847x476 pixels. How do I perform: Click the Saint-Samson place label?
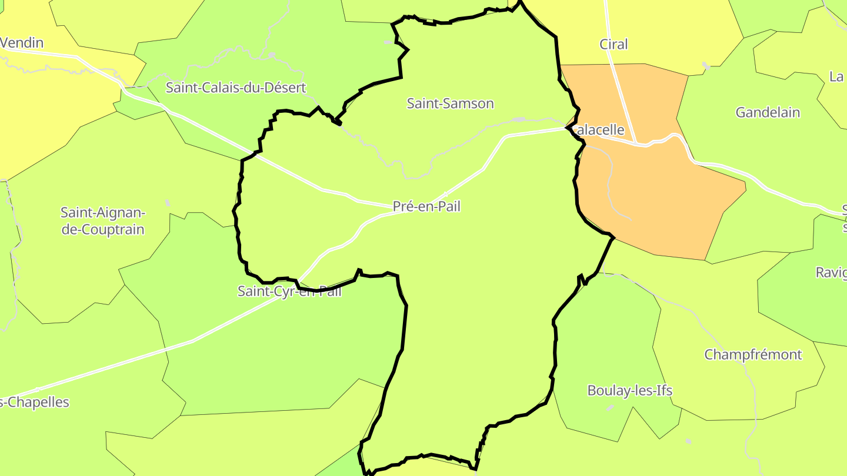click(450, 103)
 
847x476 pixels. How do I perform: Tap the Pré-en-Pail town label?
click(426, 206)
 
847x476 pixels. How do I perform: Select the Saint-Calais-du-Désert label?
click(236, 88)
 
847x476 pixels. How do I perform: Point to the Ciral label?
click(613, 44)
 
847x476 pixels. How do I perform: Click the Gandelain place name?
click(768, 112)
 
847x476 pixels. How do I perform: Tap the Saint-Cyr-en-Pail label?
click(289, 291)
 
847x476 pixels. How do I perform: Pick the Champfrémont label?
click(753, 354)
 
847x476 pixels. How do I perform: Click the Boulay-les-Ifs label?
click(629, 390)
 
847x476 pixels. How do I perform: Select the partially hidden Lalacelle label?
click(598, 130)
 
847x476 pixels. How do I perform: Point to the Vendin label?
click(22, 43)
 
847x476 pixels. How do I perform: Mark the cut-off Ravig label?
click(831, 272)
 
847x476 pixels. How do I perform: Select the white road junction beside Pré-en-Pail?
click(445, 195)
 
